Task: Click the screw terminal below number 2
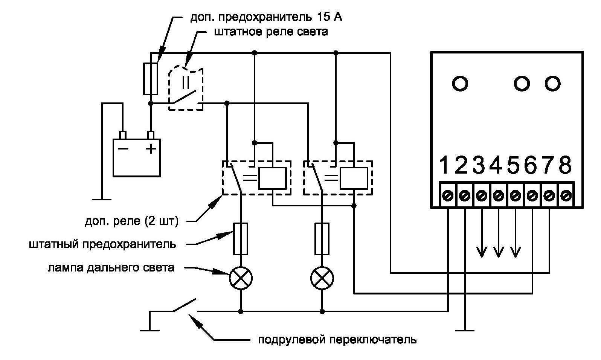click(x=464, y=196)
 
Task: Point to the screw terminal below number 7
click(x=549, y=196)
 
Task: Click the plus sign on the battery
click(x=151, y=149)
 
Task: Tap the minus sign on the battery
click(x=123, y=149)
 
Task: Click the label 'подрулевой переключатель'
click(x=337, y=340)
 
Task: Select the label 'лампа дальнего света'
click(x=111, y=268)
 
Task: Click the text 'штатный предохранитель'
click(x=102, y=244)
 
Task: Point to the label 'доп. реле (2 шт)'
click(x=131, y=221)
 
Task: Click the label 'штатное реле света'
click(x=271, y=32)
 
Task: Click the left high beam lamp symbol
click(x=241, y=279)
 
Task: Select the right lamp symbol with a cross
click(x=322, y=279)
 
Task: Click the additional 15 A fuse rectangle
click(x=151, y=79)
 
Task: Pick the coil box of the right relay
click(x=354, y=178)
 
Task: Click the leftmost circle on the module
click(x=460, y=83)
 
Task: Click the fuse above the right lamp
click(x=322, y=238)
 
